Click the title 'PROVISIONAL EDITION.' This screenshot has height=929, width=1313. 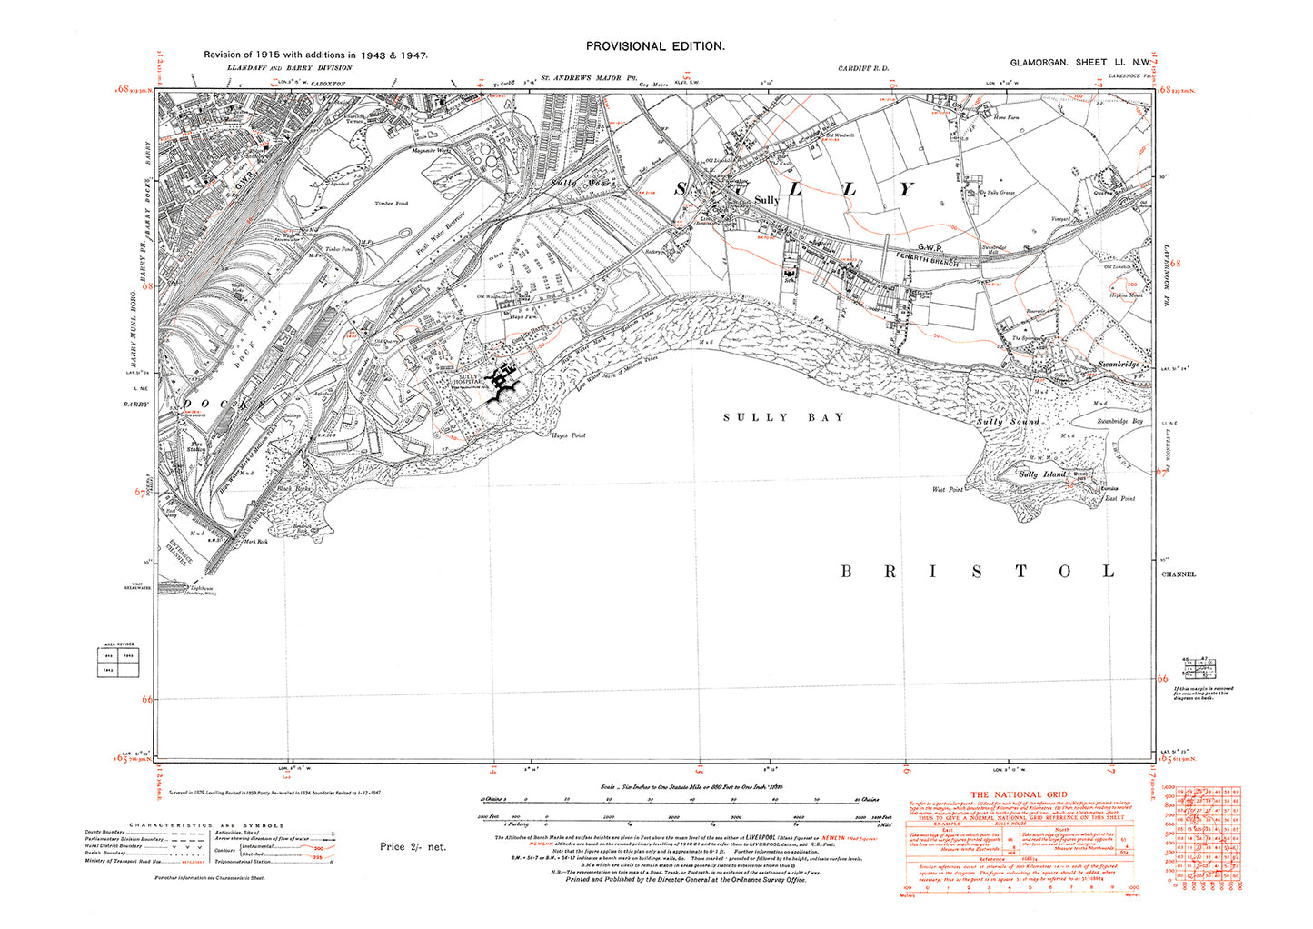(655, 46)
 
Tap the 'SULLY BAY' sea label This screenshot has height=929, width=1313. (783, 417)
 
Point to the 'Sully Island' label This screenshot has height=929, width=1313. (1040, 474)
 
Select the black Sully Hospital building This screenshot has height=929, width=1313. (502, 381)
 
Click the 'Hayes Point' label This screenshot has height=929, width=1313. (569, 435)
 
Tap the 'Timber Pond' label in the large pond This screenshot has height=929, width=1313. (392, 204)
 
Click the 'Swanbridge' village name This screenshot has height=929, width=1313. (1118, 364)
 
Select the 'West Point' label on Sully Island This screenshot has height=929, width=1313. (947, 490)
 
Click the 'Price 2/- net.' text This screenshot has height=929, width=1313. (413, 846)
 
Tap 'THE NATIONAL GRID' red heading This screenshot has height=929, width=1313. (1020, 794)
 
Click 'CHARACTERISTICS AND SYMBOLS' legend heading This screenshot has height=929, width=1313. (206, 825)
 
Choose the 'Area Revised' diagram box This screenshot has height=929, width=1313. (119, 662)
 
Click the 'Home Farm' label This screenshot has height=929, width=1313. (1006, 117)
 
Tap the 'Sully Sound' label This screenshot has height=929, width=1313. (1007, 422)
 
